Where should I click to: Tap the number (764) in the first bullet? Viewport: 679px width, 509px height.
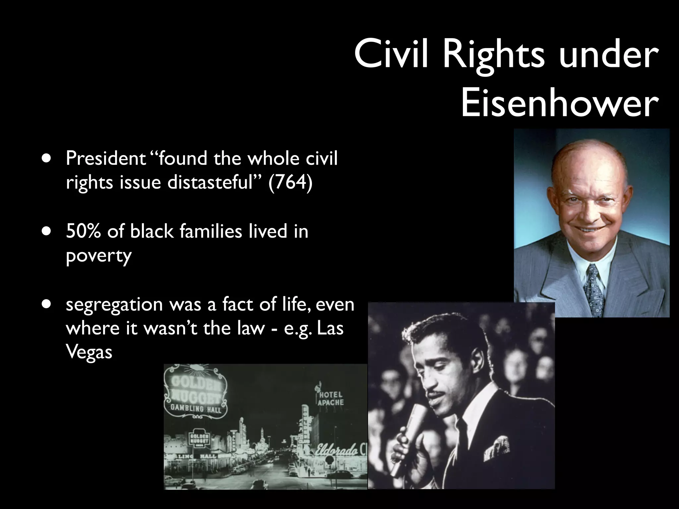click(290, 182)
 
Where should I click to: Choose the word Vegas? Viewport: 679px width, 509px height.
click(89, 352)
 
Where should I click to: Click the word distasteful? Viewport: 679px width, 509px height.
click(210, 182)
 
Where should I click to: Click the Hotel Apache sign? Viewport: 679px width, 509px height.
click(330, 398)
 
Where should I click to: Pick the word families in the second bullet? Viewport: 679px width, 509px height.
click(211, 231)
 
